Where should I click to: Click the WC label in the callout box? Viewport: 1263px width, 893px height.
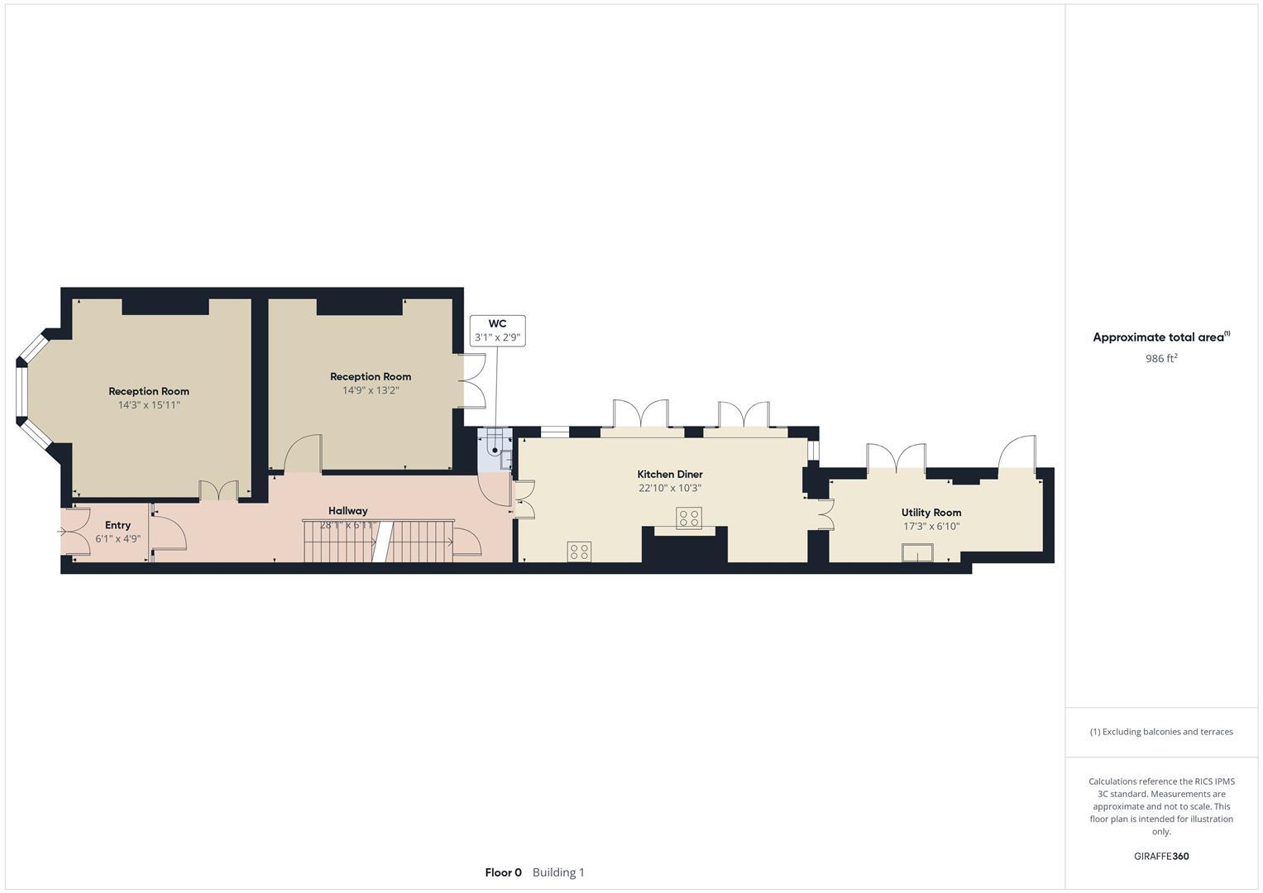tap(497, 323)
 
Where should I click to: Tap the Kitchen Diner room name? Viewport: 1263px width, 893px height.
tap(670, 474)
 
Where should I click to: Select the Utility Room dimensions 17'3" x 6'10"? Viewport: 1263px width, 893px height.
tap(931, 526)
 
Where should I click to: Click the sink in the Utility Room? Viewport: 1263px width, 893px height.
tap(917, 552)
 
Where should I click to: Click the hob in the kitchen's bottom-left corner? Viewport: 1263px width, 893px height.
tap(579, 552)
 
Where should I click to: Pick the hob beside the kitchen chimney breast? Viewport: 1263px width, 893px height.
tap(689, 518)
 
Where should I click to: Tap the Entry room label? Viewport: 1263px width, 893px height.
tap(118, 525)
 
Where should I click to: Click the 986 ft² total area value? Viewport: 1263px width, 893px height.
tap(1161, 359)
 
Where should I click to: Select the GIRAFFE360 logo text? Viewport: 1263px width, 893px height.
tap(1161, 856)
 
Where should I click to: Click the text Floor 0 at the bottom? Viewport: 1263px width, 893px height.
tap(503, 872)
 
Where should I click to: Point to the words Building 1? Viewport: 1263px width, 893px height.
tap(558, 872)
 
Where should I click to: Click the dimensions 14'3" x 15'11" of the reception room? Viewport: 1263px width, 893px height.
tap(149, 405)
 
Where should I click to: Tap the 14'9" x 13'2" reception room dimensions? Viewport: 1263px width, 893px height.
tap(371, 390)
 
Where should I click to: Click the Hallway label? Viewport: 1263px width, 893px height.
tap(347, 510)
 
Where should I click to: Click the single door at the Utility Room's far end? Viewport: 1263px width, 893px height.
tap(1017, 453)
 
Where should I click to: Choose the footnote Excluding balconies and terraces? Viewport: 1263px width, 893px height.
tap(1161, 732)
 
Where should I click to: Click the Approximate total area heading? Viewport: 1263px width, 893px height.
tap(1159, 337)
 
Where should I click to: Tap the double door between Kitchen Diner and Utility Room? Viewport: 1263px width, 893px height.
tap(825, 513)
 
